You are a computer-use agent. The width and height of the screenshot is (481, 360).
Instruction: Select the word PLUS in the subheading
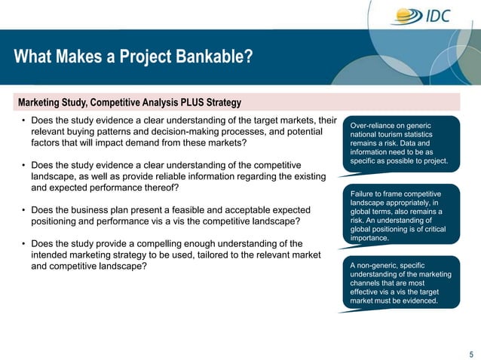pyautogui.click(x=188, y=102)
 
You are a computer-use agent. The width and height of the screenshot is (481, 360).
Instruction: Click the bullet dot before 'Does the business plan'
pyautogui.click(x=23, y=210)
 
